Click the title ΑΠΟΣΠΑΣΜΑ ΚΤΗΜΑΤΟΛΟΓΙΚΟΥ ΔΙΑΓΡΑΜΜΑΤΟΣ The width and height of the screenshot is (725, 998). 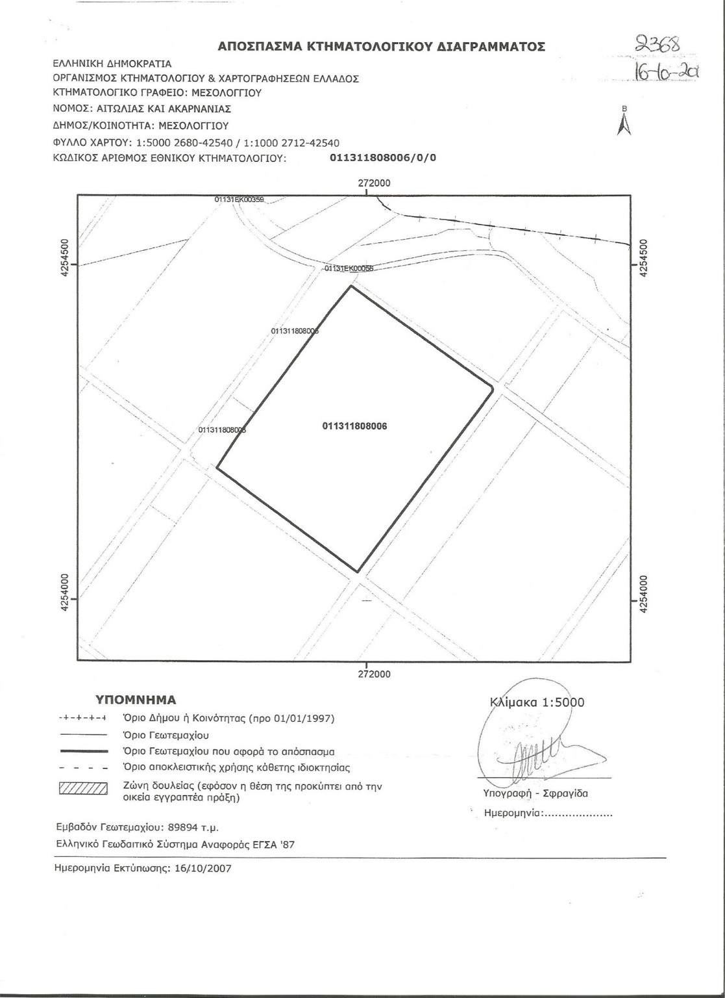(381, 47)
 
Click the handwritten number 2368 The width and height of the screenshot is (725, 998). (657, 45)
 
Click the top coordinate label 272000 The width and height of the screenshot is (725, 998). (375, 183)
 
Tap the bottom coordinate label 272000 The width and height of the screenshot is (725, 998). (375, 674)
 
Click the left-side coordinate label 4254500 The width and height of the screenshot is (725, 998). (64, 259)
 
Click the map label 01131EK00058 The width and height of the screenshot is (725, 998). (349, 268)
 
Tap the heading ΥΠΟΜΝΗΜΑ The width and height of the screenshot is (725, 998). (136, 700)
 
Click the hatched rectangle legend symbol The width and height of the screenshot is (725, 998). (82, 789)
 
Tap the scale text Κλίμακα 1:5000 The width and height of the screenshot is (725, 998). (537, 702)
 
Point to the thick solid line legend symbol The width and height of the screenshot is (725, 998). (82, 751)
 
